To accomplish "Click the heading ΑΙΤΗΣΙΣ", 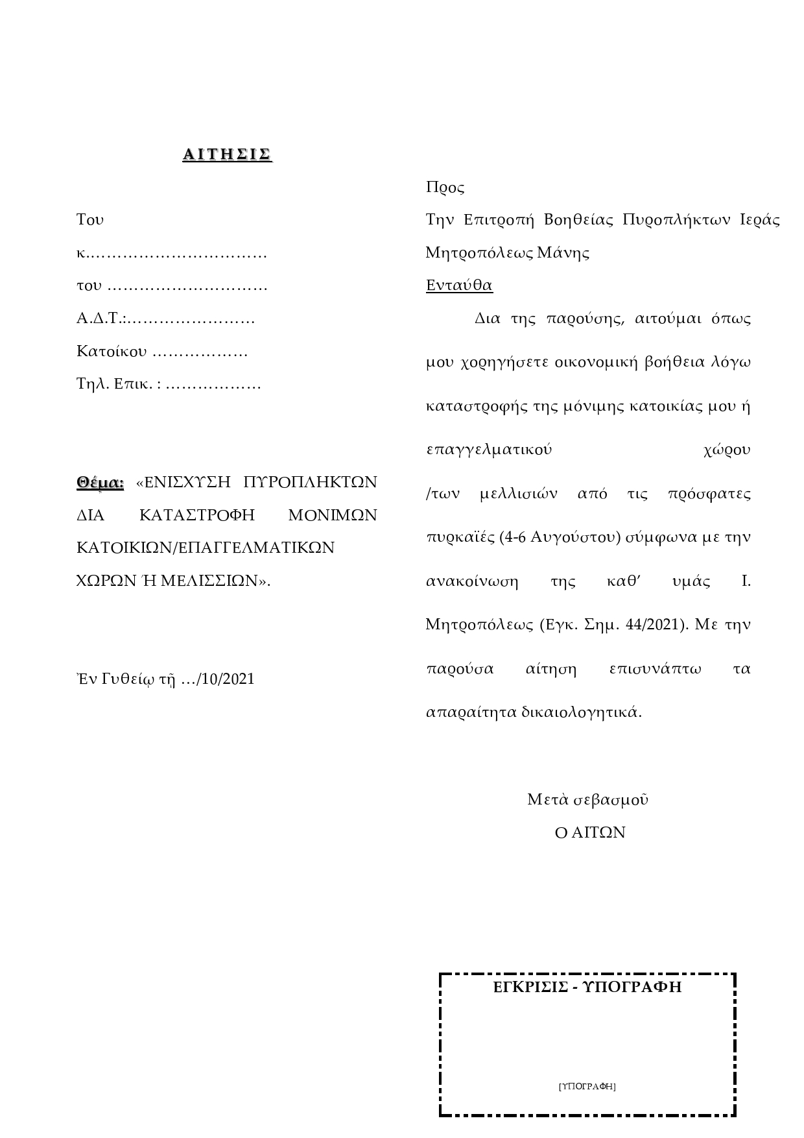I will pyautogui.click(x=227, y=154).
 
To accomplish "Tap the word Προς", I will pyautogui.click(x=445, y=188).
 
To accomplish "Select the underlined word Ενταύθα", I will pyautogui.click(x=459, y=285).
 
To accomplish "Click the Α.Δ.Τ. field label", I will pyautogui.click(x=100, y=319).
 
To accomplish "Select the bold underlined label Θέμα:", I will pyautogui.click(x=100, y=483).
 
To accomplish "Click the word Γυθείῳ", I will pyautogui.click(x=128, y=679).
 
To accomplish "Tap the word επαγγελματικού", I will pyautogui.click(x=489, y=450).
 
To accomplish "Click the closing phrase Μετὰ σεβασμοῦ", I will pyautogui.click(x=587, y=799).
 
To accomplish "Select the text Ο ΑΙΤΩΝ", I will pyautogui.click(x=590, y=832).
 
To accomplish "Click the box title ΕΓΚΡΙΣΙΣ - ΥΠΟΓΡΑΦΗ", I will pyautogui.click(x=587, y=987).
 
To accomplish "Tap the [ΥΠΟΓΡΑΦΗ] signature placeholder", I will pyautogui.click(x=587, y=1086).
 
